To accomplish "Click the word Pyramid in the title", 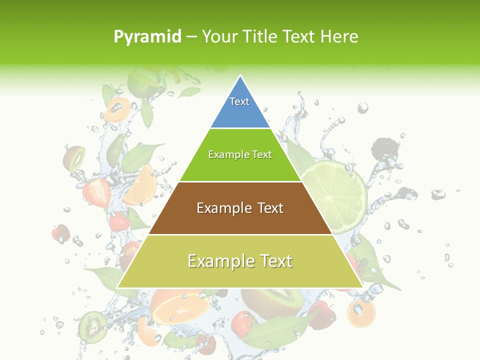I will (x=147, y=37).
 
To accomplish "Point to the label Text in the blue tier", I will (x=239, y=101).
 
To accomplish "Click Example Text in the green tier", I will (x=240, y=154).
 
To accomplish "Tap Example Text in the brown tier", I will (x=240, y=208).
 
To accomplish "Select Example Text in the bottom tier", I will (x=240, y=261).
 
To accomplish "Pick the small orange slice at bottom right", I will (x=361, y=313).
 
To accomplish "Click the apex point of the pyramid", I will (x=240, y=76).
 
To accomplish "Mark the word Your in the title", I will (x=219, y=36).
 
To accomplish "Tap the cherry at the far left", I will (x=61, y=233).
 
